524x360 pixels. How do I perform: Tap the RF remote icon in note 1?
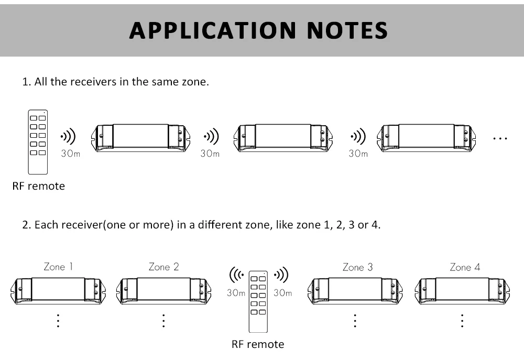click(38, 141)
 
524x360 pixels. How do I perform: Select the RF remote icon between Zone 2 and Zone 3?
click(258, 301)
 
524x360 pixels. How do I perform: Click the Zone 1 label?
click(58, 267)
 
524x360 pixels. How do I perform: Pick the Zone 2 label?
click(163, 267)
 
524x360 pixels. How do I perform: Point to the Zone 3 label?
click(357, 267)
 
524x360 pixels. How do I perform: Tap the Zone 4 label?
click(464, 267)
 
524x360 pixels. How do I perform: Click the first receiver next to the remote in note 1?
click(140, 138)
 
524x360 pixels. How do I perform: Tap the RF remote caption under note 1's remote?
click(39, 186)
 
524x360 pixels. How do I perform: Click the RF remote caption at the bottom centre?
click(258, 344)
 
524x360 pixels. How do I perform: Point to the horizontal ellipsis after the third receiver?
click(500, 139)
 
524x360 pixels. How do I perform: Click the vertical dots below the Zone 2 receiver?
click(163, 321)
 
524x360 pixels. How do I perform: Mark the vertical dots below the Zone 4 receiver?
click(463, 321)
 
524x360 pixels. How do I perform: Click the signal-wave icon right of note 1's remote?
click(68, 137)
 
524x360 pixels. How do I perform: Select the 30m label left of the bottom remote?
click(236, 293)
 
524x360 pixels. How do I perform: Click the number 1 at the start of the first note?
click(25, 82)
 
